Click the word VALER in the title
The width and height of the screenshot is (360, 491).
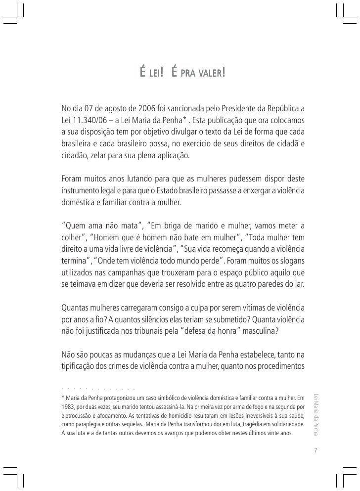coord(210,74)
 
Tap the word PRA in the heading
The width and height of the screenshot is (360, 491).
coord(187,74)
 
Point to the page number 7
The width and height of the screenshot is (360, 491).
coord(315,450)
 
